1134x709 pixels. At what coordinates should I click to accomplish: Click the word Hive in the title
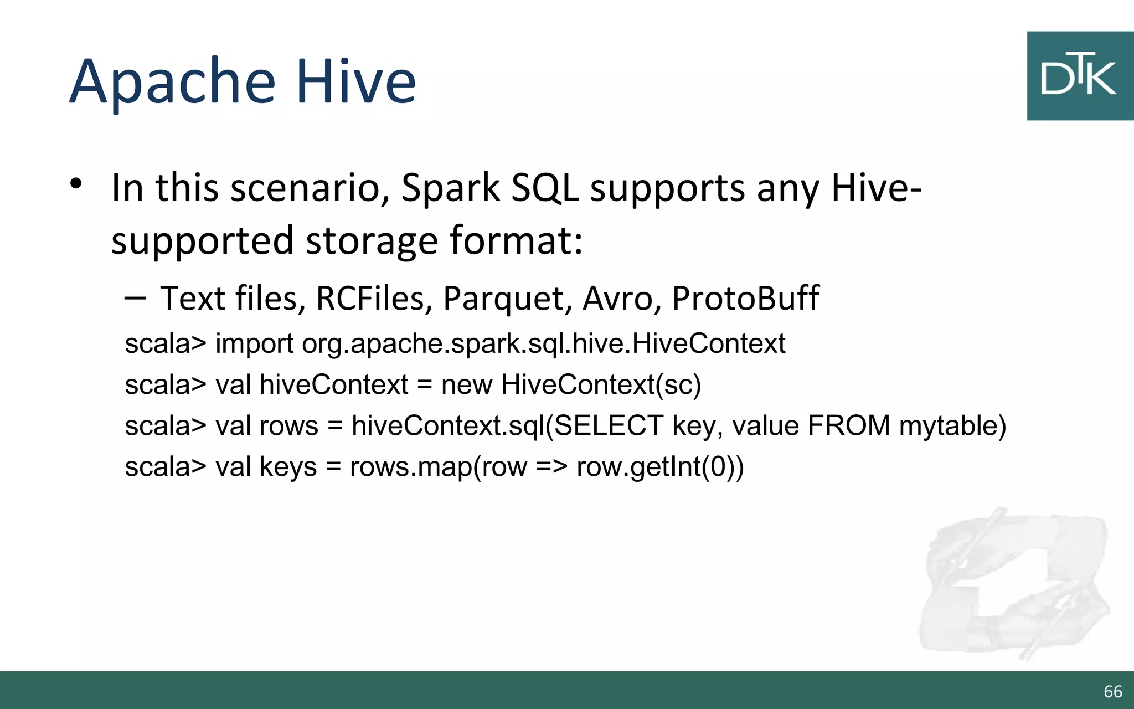pyautogui.click(x=356, y=82)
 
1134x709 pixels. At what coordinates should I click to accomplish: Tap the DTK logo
pyautogui.click(x=1079, y=75)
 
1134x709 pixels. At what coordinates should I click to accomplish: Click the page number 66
pyautogui.click(x=1112, y=691)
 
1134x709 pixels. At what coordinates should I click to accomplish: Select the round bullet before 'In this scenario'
pyautogui.click(x=76, y=184)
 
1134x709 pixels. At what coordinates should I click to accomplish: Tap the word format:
pyautogui.click(x=516, y=240)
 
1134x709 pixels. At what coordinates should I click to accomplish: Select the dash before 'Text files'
pyautogui.click(x=135, y=299)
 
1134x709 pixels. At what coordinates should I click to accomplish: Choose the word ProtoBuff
pyautogui.click(x=745, y=299)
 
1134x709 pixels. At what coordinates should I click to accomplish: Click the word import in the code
pyautogui.click(x=254, y=344)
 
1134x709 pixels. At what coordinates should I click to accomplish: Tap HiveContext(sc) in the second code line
pyautogui.click(x=601, y=385)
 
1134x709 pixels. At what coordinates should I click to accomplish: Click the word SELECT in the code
pyautogui.click(x=609, y=426)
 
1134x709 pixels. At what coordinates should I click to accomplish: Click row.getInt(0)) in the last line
pyautogui.click(x=660, y=467)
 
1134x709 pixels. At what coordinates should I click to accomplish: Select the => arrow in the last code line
pyautogui.click(x=551, y=467)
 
